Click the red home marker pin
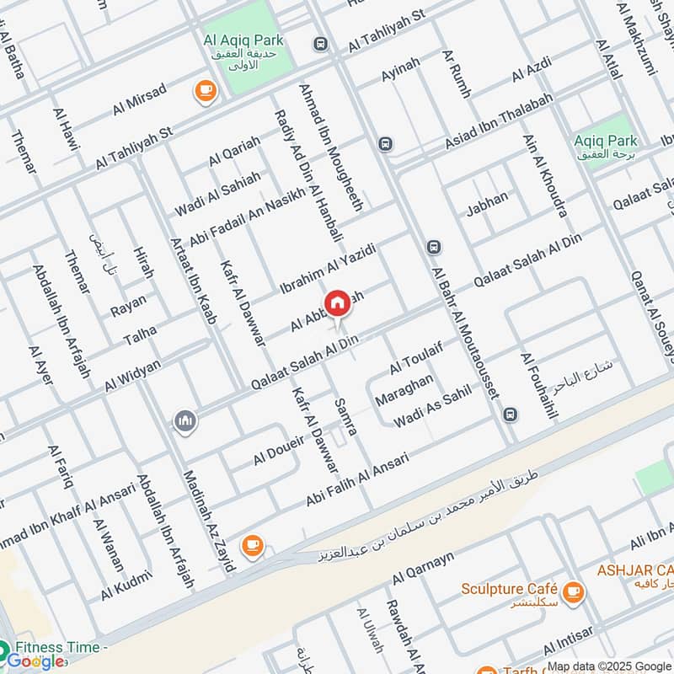tap(337, 303)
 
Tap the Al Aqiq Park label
tap(243, 40)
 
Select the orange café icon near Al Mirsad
tap(204, 92)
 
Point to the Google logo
tap(35, 661)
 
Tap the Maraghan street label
tap(404, 393)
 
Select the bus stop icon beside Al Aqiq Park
tap(319, 44)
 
